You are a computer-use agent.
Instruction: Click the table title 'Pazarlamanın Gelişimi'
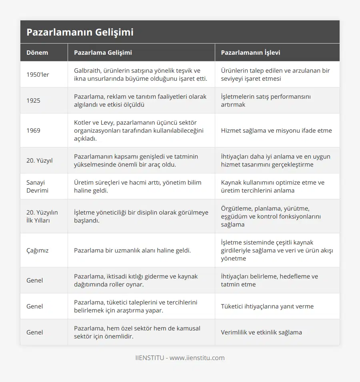[80, 32]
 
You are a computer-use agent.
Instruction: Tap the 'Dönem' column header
[37, 52]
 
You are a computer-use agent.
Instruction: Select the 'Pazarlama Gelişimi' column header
[103, 52]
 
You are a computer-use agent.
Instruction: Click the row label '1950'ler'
[38, 75]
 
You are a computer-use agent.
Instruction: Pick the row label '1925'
[33, 101]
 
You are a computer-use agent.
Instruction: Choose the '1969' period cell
[33, 131]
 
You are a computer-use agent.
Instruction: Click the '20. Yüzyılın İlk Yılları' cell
[41, 217]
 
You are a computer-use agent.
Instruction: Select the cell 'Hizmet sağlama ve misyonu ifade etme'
[276, 131]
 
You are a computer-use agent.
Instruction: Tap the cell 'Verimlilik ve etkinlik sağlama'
[261, 332]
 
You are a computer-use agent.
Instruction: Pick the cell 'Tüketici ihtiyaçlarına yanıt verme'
[267, 306]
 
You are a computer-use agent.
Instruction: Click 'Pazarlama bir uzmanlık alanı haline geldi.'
[132, 251]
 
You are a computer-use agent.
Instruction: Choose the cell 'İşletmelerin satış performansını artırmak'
[266, 101]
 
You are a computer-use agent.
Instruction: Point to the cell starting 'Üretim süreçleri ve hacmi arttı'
[137, 187]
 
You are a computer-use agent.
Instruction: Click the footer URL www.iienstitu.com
[197, 358]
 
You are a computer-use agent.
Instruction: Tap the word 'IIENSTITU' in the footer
[149, 358]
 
